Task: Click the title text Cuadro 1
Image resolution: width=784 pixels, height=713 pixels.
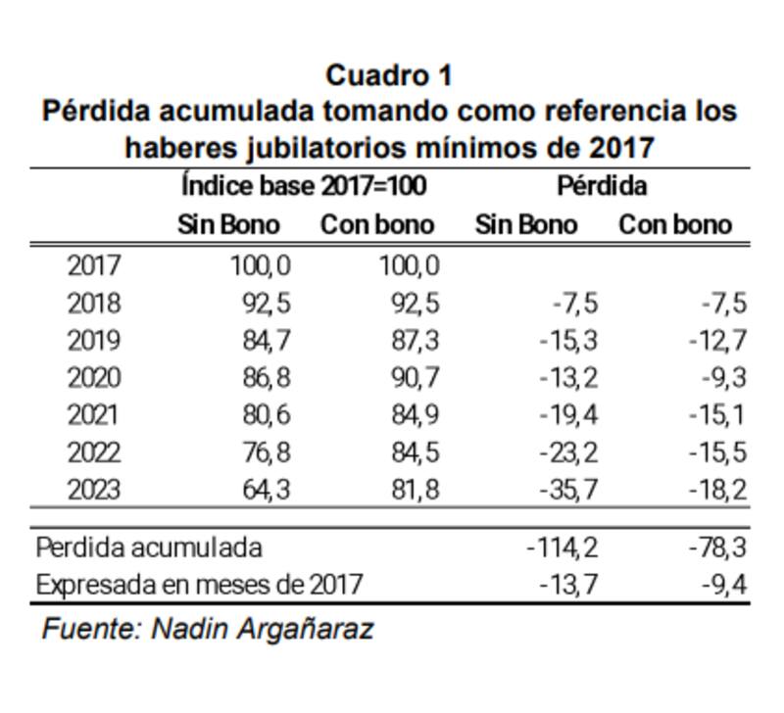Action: coord(388,75)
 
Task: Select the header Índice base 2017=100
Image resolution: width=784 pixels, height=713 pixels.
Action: coord(305,185)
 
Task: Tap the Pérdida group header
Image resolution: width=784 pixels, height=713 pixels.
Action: coord(602,185)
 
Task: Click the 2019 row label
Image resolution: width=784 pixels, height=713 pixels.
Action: coord(94,341)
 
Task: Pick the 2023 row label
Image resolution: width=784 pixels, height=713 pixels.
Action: coord(94,490)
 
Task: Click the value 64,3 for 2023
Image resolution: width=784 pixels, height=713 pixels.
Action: coord(267,490)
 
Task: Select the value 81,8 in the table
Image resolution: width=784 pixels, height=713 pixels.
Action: coord(416,490)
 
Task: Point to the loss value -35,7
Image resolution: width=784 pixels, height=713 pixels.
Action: coord(568,490)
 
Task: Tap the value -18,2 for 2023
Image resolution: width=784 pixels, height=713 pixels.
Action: coord(717,490)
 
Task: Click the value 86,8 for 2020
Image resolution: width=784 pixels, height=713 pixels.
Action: coord(267,378)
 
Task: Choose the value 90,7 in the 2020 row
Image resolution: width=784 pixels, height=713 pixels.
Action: coord(416,378)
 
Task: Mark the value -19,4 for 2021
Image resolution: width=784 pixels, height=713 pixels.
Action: coord(568,415)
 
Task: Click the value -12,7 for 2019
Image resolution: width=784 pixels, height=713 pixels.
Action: coord(717,341)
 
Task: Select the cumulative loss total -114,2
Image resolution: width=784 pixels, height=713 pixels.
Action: coord(563,547)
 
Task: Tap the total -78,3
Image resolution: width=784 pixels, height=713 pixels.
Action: coord(717,547)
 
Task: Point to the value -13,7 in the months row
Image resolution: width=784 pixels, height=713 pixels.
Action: coord(568,585)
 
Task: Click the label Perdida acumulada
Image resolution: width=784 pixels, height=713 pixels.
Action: coord(149,547)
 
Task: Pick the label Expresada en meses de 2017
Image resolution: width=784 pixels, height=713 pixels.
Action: coord(199,585)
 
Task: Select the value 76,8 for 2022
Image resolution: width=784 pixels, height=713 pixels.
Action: coord(267,452)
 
